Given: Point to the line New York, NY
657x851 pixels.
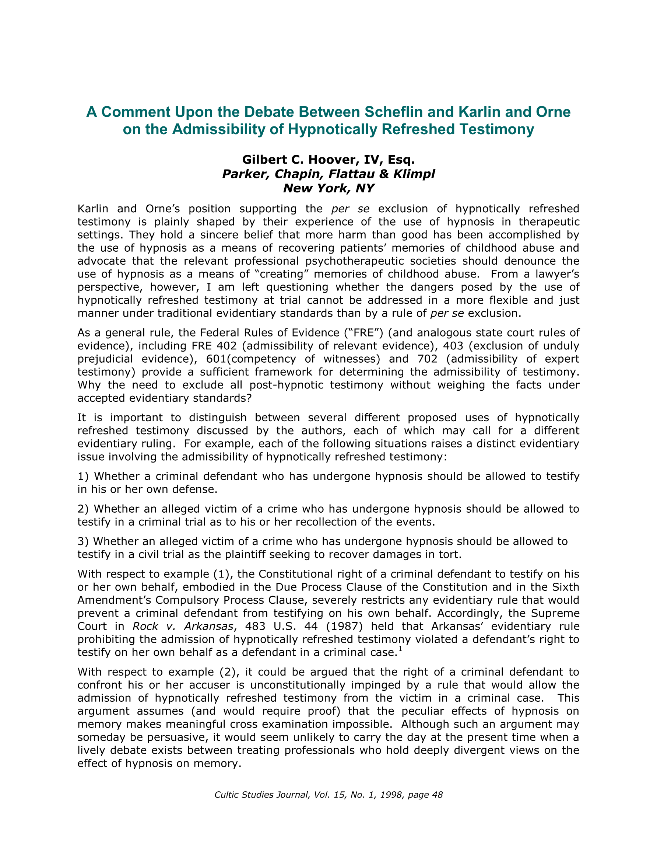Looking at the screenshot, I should (x=328, y=188).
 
